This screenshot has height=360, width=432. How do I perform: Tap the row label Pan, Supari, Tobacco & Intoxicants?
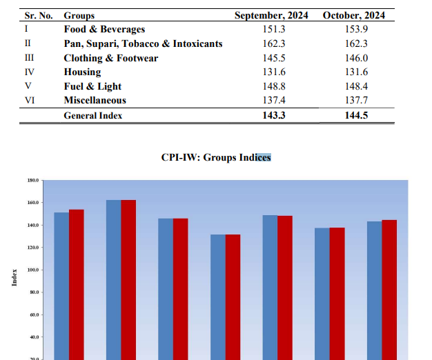[x=143, y=44]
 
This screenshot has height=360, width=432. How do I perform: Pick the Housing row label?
[x=82, y=72]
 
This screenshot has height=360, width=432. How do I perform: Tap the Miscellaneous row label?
[x=95, y=101]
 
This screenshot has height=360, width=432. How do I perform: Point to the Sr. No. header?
[x=39, y=15]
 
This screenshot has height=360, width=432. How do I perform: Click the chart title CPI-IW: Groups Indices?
[x=216, y=157]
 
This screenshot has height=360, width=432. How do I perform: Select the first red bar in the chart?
[x=76, y=283]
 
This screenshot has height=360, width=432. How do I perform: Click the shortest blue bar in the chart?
[x=218, y=297]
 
